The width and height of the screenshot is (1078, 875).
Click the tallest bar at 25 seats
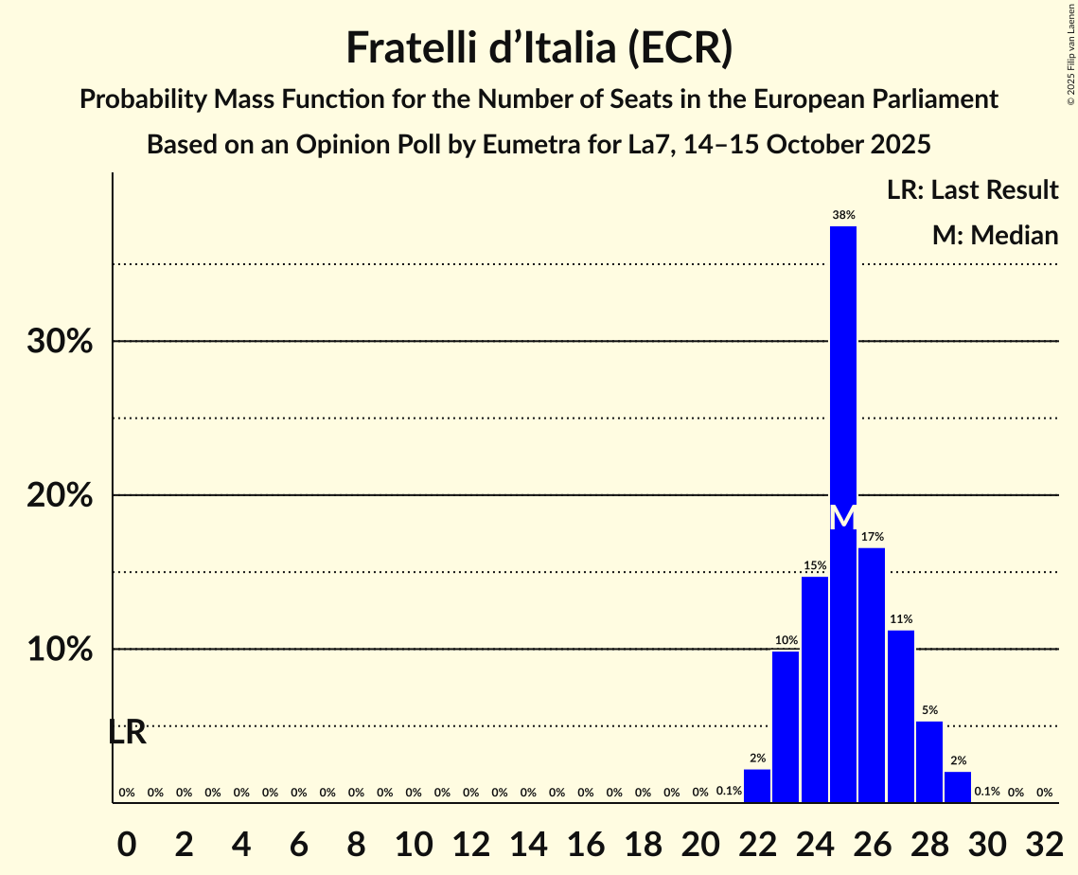843,379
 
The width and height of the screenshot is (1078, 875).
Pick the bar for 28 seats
929,761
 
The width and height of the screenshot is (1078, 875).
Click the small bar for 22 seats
757,786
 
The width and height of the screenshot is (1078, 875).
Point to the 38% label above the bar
843,215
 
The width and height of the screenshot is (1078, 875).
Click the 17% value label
872,537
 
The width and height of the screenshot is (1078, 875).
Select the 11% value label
901,619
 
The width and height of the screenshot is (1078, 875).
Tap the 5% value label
929,710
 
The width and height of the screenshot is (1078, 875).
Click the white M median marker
843,517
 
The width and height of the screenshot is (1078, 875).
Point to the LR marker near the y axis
127,732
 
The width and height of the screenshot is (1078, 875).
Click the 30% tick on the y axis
60,342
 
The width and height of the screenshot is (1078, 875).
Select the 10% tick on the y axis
60,651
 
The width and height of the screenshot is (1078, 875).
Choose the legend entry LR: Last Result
972,190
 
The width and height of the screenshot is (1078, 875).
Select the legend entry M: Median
995,235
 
